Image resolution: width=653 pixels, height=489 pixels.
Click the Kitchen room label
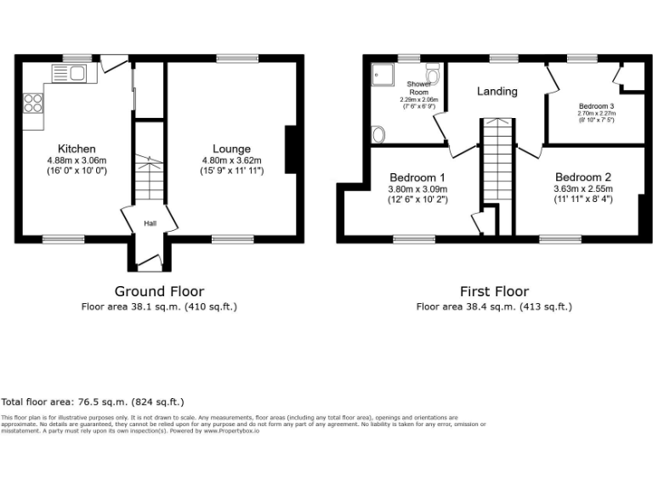tap(77, 149)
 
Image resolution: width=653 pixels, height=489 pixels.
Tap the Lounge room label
tap(232, 149)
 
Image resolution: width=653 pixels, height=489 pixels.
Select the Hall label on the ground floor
tap(150, 223)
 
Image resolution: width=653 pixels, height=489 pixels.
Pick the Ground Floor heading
tap(159, 291)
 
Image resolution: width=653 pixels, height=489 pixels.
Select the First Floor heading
tap(494, 291)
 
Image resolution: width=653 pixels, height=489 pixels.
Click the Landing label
tap(497, 91)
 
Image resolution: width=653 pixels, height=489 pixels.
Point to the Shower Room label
tap(419, 87)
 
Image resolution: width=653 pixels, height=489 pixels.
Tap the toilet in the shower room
tap(433, 76)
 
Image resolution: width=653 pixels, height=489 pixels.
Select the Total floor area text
tap(93, 402)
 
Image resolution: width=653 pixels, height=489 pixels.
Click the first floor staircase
tap(496, 161)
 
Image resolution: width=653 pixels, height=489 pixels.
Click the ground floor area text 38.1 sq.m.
tap(159, 306)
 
